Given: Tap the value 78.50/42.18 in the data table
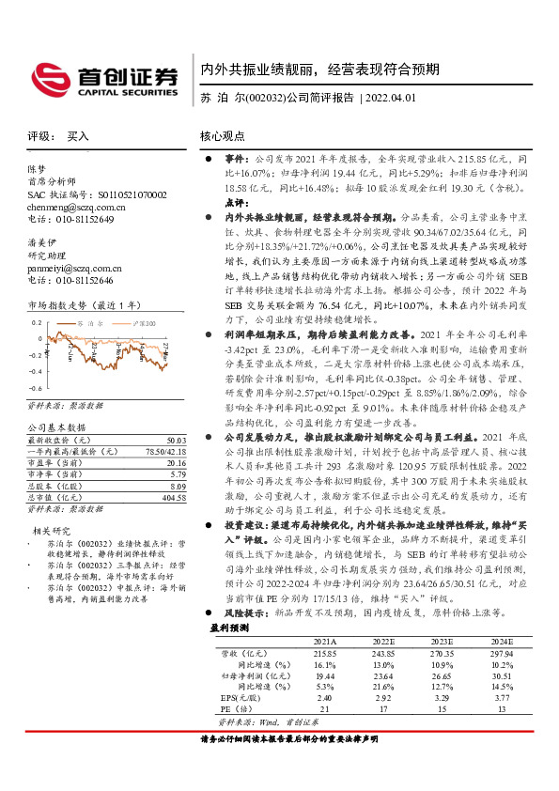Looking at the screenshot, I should point(163,452).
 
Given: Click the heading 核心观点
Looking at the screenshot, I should point(224,136).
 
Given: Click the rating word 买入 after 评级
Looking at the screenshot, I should point(78,136).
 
